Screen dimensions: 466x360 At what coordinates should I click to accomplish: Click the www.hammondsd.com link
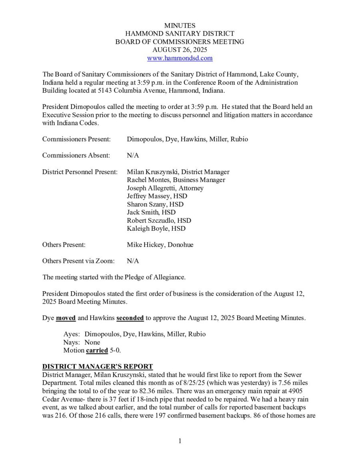pyautogui.click(x=180, y=58)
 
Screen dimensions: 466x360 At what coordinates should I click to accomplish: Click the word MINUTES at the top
pyautogui.click(x=180, y=26)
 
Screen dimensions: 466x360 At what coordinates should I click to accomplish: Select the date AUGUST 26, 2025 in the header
pyautogui.click(x=180, y=50)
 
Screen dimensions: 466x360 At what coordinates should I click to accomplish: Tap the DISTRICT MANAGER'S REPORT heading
pyautogui.click(x=98, y=366)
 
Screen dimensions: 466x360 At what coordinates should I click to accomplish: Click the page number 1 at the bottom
pyautogui.click(x=180, y=441)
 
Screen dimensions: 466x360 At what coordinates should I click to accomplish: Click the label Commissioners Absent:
pyautogui.click(x=73, y=156)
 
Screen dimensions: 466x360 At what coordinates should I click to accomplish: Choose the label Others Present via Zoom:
pyautogui.click(x=78, y=261)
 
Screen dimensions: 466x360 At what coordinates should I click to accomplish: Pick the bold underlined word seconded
pyautogui.click(x=130, y=318)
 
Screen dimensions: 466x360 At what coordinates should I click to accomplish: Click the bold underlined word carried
pyautogui.click(x=97, y=350)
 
